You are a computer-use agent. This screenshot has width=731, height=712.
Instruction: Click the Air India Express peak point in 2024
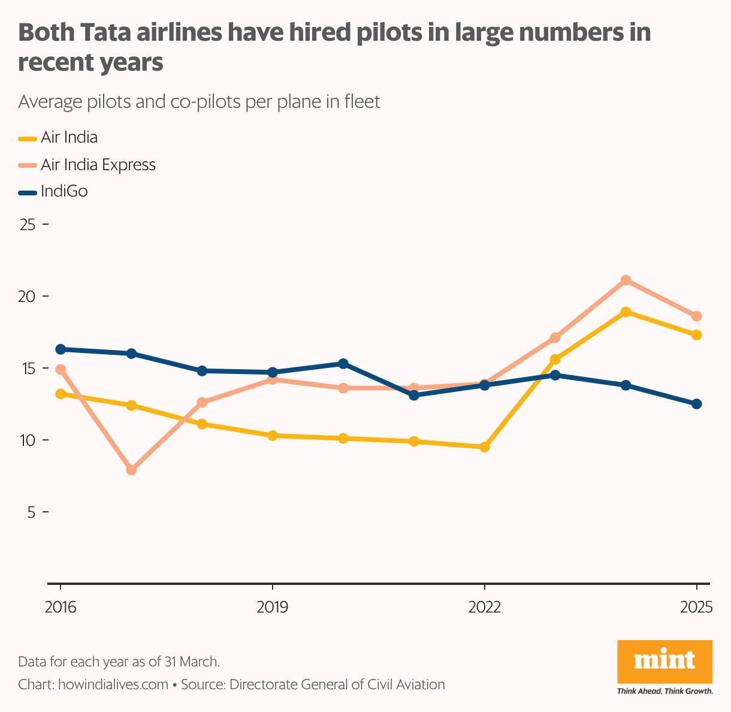pos(626,280)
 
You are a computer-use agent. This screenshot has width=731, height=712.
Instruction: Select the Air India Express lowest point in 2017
pos(131,470)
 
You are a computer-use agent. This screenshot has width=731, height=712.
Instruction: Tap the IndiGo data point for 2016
pos(61,349)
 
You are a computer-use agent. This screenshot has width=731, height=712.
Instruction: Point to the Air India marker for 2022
pos(485,447)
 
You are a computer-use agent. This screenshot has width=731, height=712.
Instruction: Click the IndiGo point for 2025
pos(696,404)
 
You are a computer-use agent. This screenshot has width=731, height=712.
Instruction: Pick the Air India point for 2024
pos(626,312)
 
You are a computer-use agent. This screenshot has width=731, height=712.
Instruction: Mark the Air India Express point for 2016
pos(61,370)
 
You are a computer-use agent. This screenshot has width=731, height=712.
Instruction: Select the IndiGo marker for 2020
pos(343,364)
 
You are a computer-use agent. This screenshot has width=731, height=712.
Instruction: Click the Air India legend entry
pos(68,137)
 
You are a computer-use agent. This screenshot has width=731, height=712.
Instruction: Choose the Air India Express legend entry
pos(98,165)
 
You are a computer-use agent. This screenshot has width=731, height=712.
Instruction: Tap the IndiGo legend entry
pos(64,192)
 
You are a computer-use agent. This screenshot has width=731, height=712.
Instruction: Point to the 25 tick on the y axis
pos(28,225)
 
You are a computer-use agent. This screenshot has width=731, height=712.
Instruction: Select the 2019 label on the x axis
pos(273,607)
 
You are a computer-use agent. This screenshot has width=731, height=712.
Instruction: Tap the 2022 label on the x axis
pos(485,607)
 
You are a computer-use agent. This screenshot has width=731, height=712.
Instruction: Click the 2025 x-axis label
pos(696,607)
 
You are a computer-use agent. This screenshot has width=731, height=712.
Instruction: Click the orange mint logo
pos(664,662)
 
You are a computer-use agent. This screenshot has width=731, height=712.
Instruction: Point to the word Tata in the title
pos(104,33)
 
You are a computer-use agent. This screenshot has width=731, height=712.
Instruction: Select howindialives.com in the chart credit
pos(113,684)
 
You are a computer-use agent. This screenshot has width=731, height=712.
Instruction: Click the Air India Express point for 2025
pos(696,316)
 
